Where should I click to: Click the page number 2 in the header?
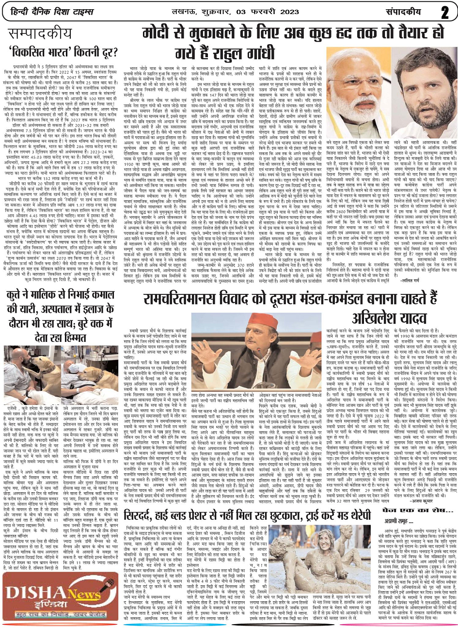(444, 12)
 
